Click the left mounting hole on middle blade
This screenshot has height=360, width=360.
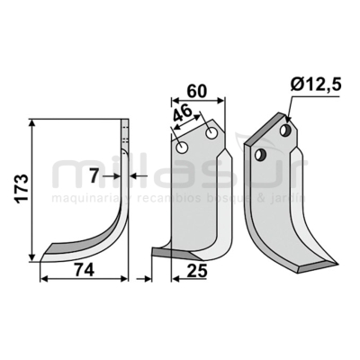coord(184,147)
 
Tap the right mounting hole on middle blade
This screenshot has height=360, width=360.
coord(212,135)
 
